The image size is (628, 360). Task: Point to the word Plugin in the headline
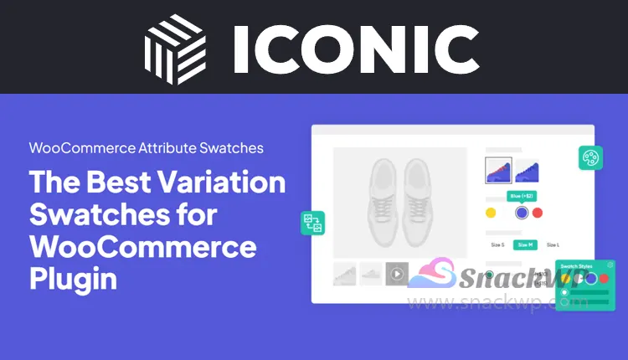pos(74,278)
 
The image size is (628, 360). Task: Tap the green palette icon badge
pos(591,157)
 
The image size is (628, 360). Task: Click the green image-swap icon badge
pos(312,223)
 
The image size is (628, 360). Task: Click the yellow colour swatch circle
pos(492,213)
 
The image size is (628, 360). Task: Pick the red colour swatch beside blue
pos(538,213)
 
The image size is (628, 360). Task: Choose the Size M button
pos(523,244)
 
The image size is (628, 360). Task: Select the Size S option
pos(497,244)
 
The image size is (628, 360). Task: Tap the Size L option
pos(552,244)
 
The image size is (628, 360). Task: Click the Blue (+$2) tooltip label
pos(522,195)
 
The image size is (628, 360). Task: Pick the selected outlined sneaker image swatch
pos(498,171)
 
